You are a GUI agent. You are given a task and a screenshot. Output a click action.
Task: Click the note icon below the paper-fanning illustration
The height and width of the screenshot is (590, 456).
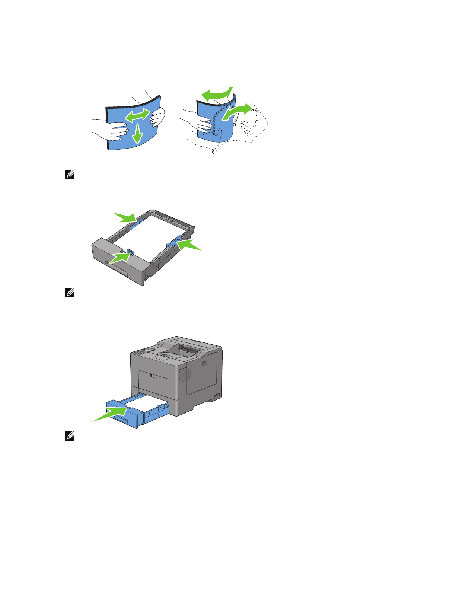click(x=70, y=175)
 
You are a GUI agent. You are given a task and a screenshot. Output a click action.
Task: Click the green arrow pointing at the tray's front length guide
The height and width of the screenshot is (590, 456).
click(x=120, y=258)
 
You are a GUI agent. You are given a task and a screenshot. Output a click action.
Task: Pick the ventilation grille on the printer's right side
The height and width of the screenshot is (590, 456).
click(x=188, y=374)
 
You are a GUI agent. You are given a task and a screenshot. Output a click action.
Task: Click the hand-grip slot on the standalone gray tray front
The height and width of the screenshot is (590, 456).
click(x=118, y=268)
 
